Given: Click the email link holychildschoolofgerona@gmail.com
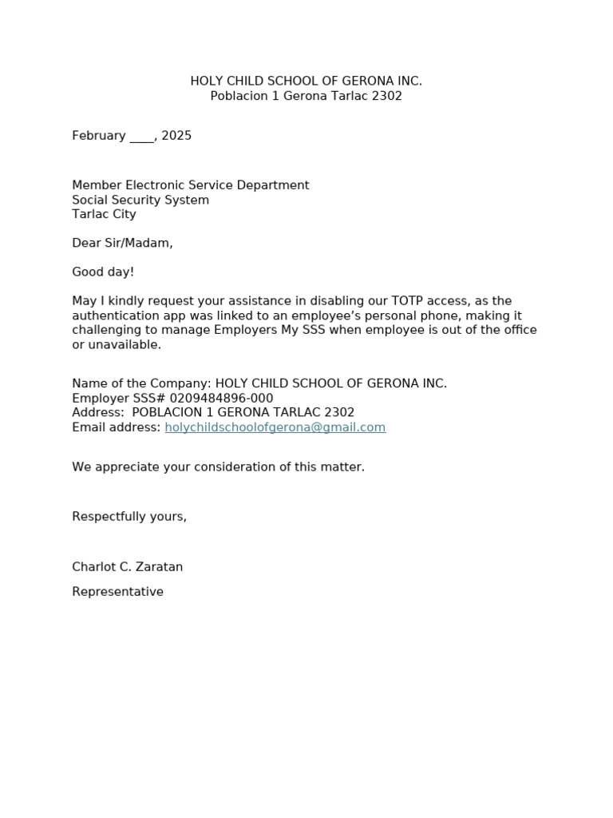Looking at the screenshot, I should tap(275, 427).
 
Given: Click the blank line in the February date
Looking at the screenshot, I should tap(141, 137).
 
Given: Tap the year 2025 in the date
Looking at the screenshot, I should tap(176, 136).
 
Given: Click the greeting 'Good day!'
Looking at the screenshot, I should tap(103, 272).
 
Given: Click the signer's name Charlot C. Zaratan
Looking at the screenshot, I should tap(127, 567).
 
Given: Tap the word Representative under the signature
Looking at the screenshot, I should tap(117, 592).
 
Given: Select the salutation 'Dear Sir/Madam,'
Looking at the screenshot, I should tap(122, 244).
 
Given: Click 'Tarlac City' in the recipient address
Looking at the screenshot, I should tap(104, 214).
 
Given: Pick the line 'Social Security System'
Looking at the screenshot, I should tap(140, 200).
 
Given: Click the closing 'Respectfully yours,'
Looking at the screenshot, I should tap(129, 517).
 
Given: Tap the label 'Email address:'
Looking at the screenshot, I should tap(117, 427).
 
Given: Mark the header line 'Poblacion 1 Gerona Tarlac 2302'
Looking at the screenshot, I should tap(306, 96).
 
